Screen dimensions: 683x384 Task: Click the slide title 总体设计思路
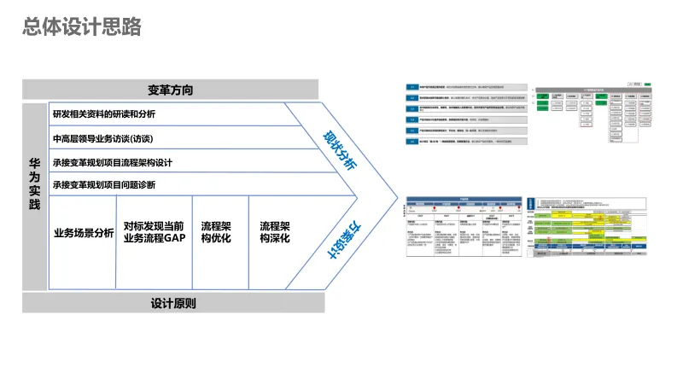[x=82, y=27]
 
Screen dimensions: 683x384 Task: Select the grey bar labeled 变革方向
[x=170, y=90]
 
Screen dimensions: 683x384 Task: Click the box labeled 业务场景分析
[x=83, y=233]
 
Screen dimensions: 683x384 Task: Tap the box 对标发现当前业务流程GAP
[x=154, y=232]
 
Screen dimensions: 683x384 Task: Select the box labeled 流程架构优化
[x=219, y=232]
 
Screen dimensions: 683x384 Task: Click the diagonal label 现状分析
[x=339, y=150]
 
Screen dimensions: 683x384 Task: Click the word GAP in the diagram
[x=172, y=239]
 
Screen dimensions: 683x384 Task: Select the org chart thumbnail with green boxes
[x=598, y=114]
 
